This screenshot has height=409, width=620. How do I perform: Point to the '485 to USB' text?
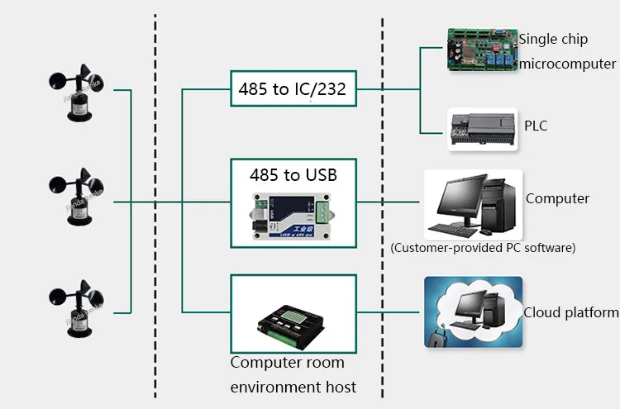pyautogui.click(x=293, y=175)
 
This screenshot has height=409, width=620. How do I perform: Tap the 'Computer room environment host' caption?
pyautogui.click(x=293, y=374)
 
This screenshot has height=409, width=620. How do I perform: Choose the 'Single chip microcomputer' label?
pyautogui.click(x=567, y=51)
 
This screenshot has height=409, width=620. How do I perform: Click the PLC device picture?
pyautogui.click(x=482, y=129)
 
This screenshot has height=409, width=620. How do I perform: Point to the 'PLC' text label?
pyautogui.click(x=536, y=126)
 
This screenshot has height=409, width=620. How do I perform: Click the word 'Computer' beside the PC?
pyautogui.click(x=557, y=198)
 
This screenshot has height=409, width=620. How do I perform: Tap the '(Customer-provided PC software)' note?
pyautogui.click(x=483, y=247)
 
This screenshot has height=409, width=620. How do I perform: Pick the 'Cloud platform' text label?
pyautogui.click(x=570, y=312)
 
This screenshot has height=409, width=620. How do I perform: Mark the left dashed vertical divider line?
pyautogui.click(x=155, y=207)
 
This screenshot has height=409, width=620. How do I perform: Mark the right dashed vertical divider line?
pyautogui.click(x=382, y=207)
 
